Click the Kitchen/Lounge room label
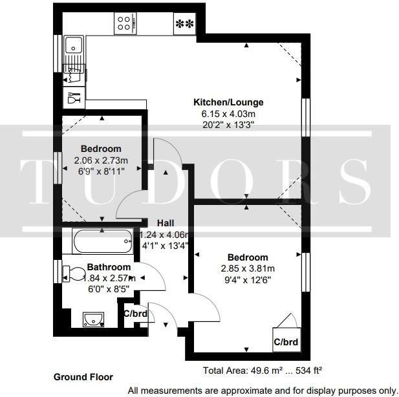tap(229, 102)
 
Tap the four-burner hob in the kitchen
tap(125, 25)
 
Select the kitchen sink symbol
tap(74, 46)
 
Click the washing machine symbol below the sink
tap(73, 76)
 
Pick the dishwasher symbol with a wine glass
tap(73, 99)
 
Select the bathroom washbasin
tap(93, 319)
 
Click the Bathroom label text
tap(109, 266)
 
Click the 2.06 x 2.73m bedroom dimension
tap(101, 160)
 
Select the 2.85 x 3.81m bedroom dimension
tap(248, 268)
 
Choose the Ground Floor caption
tap(83, 376)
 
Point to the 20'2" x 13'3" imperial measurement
tap(229, 125)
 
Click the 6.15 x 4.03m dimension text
tap(229, 114)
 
